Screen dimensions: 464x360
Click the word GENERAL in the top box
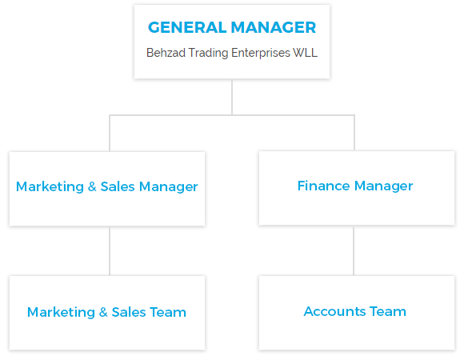187,27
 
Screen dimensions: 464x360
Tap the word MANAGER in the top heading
274,27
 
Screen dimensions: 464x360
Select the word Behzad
166,53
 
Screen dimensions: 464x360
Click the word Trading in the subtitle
208,54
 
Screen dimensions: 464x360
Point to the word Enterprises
261,54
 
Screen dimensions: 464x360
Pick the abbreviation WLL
305,53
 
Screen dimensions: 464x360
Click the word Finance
324,186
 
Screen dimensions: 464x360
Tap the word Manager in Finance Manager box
383,186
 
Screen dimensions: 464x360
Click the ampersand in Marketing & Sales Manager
92,186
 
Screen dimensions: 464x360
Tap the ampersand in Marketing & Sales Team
103,312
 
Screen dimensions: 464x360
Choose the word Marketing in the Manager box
50,187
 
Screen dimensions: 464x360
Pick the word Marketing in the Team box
61,313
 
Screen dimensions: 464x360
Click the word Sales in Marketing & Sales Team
129,312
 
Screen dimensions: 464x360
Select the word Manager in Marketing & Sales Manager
168,187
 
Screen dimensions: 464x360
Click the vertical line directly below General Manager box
232,97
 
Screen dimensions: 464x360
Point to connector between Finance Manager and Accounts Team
354,251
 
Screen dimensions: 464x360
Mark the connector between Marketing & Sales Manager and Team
110,251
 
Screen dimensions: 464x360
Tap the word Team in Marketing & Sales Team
168,312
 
